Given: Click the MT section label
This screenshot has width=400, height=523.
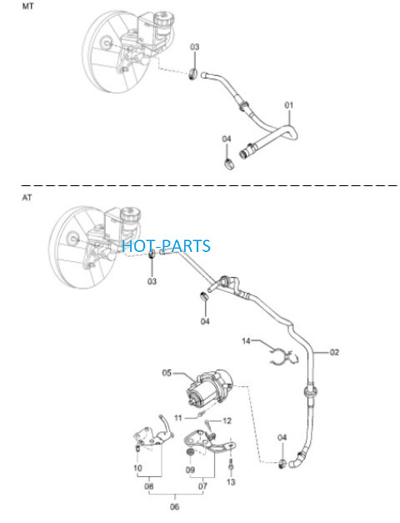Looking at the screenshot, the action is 27,6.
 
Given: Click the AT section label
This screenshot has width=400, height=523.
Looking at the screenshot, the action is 27,198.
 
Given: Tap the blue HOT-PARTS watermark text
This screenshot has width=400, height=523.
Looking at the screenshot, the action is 166,246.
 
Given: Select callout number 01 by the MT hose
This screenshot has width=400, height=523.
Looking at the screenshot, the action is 288,105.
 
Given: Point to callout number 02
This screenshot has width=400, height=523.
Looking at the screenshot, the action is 334,352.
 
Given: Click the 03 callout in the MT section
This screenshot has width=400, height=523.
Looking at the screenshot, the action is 195,47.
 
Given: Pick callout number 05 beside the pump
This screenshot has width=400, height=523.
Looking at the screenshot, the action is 167,373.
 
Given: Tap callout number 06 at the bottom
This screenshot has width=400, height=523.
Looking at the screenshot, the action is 174,506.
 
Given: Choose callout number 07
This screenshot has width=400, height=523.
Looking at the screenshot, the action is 202,486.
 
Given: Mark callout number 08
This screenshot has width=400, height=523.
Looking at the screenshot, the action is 149,486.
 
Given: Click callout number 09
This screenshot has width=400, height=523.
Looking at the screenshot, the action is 190,470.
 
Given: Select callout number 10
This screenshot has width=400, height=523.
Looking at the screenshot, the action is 138,468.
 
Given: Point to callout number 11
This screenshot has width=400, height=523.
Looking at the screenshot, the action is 178,418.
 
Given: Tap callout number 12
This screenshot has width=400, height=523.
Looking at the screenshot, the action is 227,421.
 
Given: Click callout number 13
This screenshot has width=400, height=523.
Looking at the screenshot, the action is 231,481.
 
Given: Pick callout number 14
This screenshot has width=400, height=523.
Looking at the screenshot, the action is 246,341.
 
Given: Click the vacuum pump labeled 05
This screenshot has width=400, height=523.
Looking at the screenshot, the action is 209,388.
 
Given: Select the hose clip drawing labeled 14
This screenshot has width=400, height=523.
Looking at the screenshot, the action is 283,358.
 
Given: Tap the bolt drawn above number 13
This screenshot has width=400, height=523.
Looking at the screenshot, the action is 230,465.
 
